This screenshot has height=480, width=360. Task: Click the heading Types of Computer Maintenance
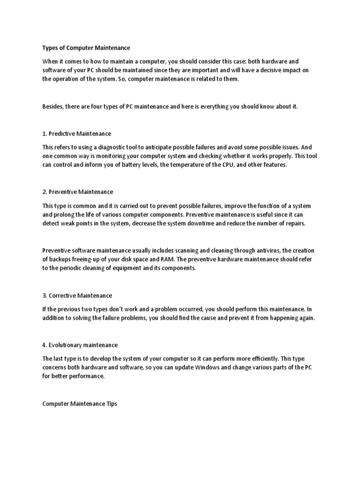coord(86,48)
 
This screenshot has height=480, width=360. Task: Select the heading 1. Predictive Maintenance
coord(77,134)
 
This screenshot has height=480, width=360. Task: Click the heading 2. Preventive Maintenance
coord(78,192)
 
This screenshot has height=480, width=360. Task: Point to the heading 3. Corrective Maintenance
coord(77,296)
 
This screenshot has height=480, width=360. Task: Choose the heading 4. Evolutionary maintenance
coord(80,345)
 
